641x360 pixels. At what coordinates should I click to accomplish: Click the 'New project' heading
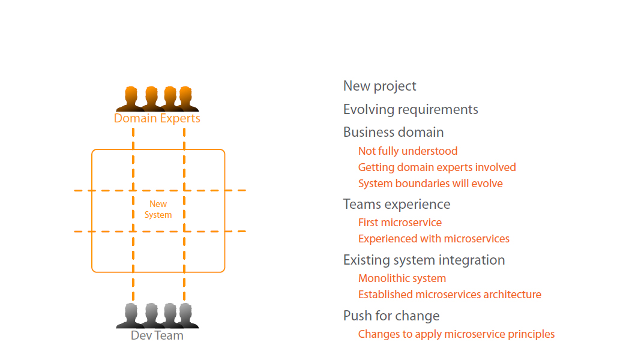point(379,86)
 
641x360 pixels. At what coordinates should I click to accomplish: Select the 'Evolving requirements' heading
point(411,110)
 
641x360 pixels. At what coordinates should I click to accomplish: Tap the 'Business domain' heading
point(393,133)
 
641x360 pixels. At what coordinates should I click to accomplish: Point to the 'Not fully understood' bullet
point(408,151)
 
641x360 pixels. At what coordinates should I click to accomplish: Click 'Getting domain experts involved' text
point(437,167)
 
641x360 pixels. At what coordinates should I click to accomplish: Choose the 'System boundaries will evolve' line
point(430,184)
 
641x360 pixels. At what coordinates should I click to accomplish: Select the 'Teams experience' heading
point(396,205)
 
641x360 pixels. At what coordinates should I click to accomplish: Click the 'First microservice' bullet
point(400,223)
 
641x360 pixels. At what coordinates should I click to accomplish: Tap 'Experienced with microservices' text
point(433,239)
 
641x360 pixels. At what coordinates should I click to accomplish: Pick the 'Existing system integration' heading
point(424,260)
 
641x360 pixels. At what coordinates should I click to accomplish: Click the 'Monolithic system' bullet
point(402,278)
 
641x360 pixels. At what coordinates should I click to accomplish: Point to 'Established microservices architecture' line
point(450,295)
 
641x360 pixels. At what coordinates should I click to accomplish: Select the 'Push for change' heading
point(391,316)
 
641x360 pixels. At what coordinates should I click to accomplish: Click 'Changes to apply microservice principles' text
point(456,334)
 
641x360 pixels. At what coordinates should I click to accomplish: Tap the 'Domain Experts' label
point(157,118)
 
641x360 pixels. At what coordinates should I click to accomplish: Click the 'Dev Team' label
point(157,335)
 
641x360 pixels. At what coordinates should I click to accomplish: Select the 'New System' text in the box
point(158,209)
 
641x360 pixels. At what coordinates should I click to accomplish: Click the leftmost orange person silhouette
point(130,99)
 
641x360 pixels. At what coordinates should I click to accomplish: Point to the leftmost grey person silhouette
point(130,316)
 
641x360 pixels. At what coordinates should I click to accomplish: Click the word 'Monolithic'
point(381,278)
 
